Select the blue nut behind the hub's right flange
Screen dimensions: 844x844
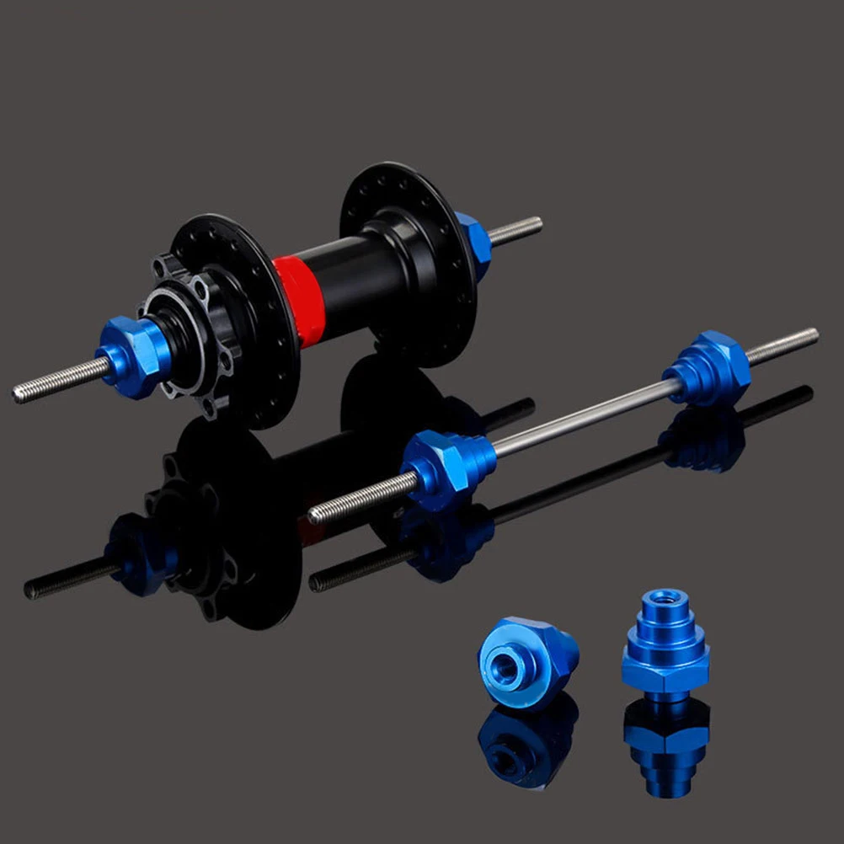click(x=473, y=243)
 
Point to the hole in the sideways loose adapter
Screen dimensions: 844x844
click(x=506, y=665)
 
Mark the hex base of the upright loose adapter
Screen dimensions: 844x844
click(x=665, y=670)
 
